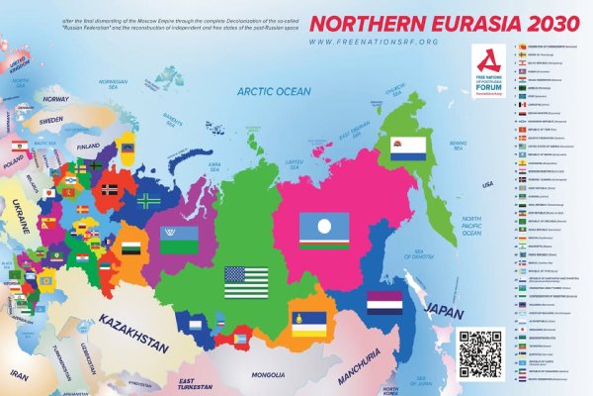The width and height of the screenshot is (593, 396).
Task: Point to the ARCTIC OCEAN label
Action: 273,91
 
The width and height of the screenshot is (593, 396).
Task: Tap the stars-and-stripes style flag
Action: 246,281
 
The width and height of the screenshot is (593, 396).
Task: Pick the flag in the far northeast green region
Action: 407,148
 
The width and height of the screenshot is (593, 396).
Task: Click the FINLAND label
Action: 90,145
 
